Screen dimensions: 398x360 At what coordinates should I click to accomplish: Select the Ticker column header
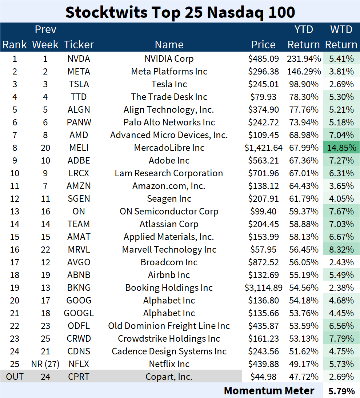coord(79,45)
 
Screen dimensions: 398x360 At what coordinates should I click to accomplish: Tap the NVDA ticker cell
coord(79,59)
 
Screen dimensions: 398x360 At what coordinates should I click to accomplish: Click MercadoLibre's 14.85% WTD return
coord(341,148)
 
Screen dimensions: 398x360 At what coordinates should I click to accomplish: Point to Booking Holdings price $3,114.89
coord(264,288)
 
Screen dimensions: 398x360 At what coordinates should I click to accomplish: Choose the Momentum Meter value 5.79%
coord(341,391)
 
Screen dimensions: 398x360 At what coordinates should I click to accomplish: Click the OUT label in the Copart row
coord(15,377)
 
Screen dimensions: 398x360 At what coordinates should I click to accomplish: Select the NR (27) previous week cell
coord(45,364)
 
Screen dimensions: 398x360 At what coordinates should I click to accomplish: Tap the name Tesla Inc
coord(169,84)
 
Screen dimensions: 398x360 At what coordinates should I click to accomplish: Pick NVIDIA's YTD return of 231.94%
coord(304,59)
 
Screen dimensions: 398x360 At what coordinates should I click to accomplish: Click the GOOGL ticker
coord(79,313)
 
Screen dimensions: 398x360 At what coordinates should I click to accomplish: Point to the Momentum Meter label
coord(269,391)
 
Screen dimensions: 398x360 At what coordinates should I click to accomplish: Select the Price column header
coord(264,45)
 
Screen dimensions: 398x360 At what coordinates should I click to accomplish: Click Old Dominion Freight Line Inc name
coord(169,326)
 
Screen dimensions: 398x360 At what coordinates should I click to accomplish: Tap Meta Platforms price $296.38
coord(264,72)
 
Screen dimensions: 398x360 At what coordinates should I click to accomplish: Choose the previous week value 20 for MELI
coord(45,148)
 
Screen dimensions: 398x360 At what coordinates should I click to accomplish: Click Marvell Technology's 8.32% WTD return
coord(341,250)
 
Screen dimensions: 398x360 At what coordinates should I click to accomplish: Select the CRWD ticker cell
coord(79,339)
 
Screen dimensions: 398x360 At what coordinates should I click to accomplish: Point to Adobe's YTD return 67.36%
coord(304,161)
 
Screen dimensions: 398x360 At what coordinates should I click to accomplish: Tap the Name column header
coord(169,45)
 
